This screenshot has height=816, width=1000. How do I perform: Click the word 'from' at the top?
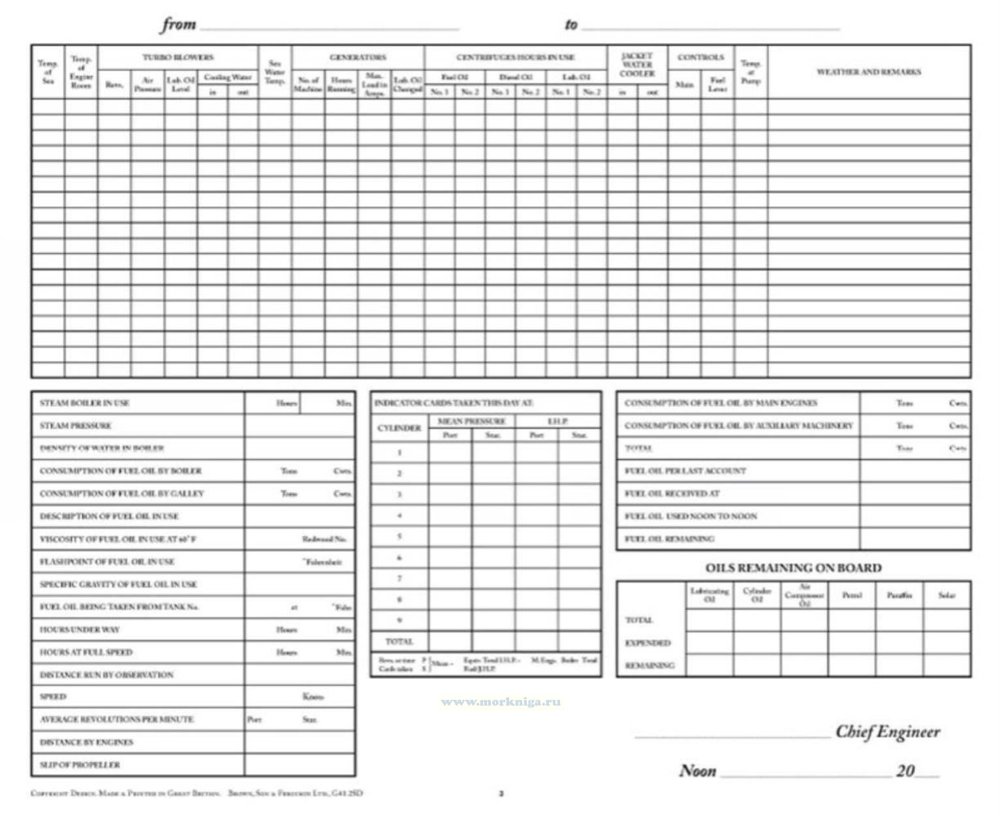click(x=178, y=25)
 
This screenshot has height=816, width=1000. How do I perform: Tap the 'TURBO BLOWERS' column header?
click(x=178, y=57)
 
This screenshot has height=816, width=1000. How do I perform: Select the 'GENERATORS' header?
click(x=358, y=57)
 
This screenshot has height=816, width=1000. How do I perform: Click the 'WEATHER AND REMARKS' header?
click(x=868, y=72)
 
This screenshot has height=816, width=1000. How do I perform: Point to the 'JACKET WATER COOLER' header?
click(x=636, y=65)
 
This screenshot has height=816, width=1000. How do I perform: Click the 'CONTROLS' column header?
click(x=700, y=57)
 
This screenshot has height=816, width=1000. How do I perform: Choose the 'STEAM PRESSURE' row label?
click(x=76, y=426)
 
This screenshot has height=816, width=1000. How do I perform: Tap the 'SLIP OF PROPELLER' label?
click(x=80, y=764)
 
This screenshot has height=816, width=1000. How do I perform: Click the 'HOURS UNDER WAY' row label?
click(x=80, y=630)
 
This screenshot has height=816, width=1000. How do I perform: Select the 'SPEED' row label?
click(x=53, y=697)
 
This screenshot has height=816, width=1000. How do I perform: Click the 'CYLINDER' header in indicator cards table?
click(x=399, y=428)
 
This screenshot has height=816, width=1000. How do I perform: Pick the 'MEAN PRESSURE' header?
click(x=471, y=421)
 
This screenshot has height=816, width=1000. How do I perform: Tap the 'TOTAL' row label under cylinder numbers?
click(x=399, y=641)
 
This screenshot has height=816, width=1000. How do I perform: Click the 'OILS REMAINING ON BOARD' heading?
click(x=793, y=568)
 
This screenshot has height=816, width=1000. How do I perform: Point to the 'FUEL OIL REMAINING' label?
click(x=669, y=539)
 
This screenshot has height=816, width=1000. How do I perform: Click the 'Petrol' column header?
click(x=852, y=595)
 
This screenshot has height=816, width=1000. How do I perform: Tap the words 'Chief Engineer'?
click(x=888, y=732)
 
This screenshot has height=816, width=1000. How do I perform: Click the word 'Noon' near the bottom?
click(x=698, y=771)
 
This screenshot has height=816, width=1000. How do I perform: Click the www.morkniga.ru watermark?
click(x=501, y=702)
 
